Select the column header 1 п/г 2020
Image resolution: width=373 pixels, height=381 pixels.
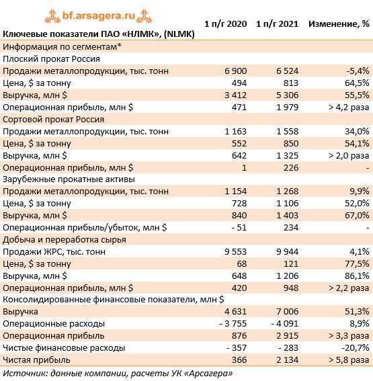point(225,24)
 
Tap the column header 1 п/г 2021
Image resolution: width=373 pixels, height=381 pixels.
point(278,24)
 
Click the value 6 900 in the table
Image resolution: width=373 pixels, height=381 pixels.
point(235,71)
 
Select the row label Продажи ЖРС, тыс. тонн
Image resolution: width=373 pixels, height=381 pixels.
point(54,252)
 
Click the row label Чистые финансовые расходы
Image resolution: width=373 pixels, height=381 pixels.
point(64,348)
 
